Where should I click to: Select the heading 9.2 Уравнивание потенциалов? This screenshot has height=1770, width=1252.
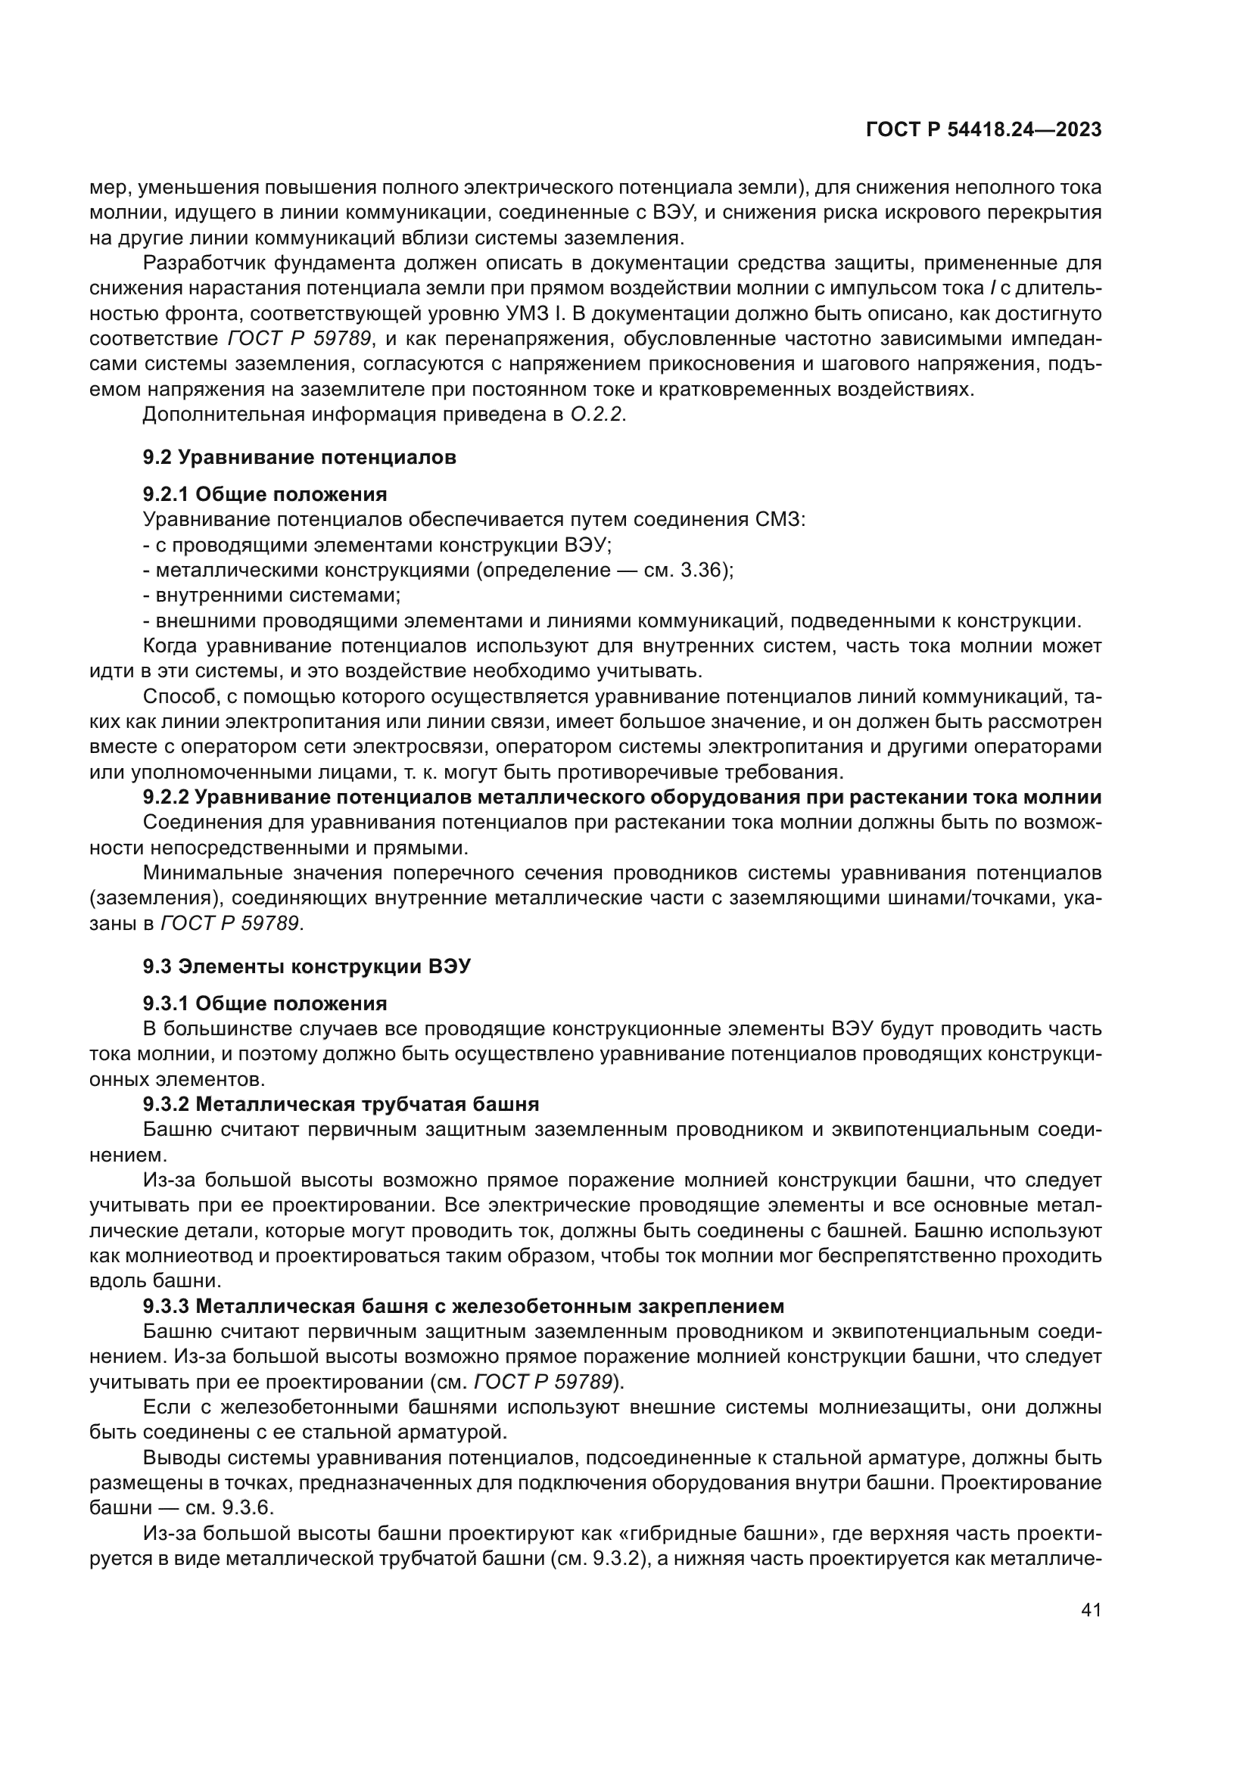(x=299, y=457)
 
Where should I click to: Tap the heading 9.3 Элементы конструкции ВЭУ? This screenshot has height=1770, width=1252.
(x=306, y=966)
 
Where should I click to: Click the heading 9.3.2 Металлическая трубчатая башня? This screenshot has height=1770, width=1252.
(x=341, y=1104)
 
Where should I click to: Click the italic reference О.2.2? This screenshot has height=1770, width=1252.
(x=596, y=415)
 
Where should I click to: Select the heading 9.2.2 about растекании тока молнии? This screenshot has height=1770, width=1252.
(x=621, y=797)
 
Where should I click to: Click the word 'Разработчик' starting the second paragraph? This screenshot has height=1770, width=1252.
(x=203, y=263)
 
